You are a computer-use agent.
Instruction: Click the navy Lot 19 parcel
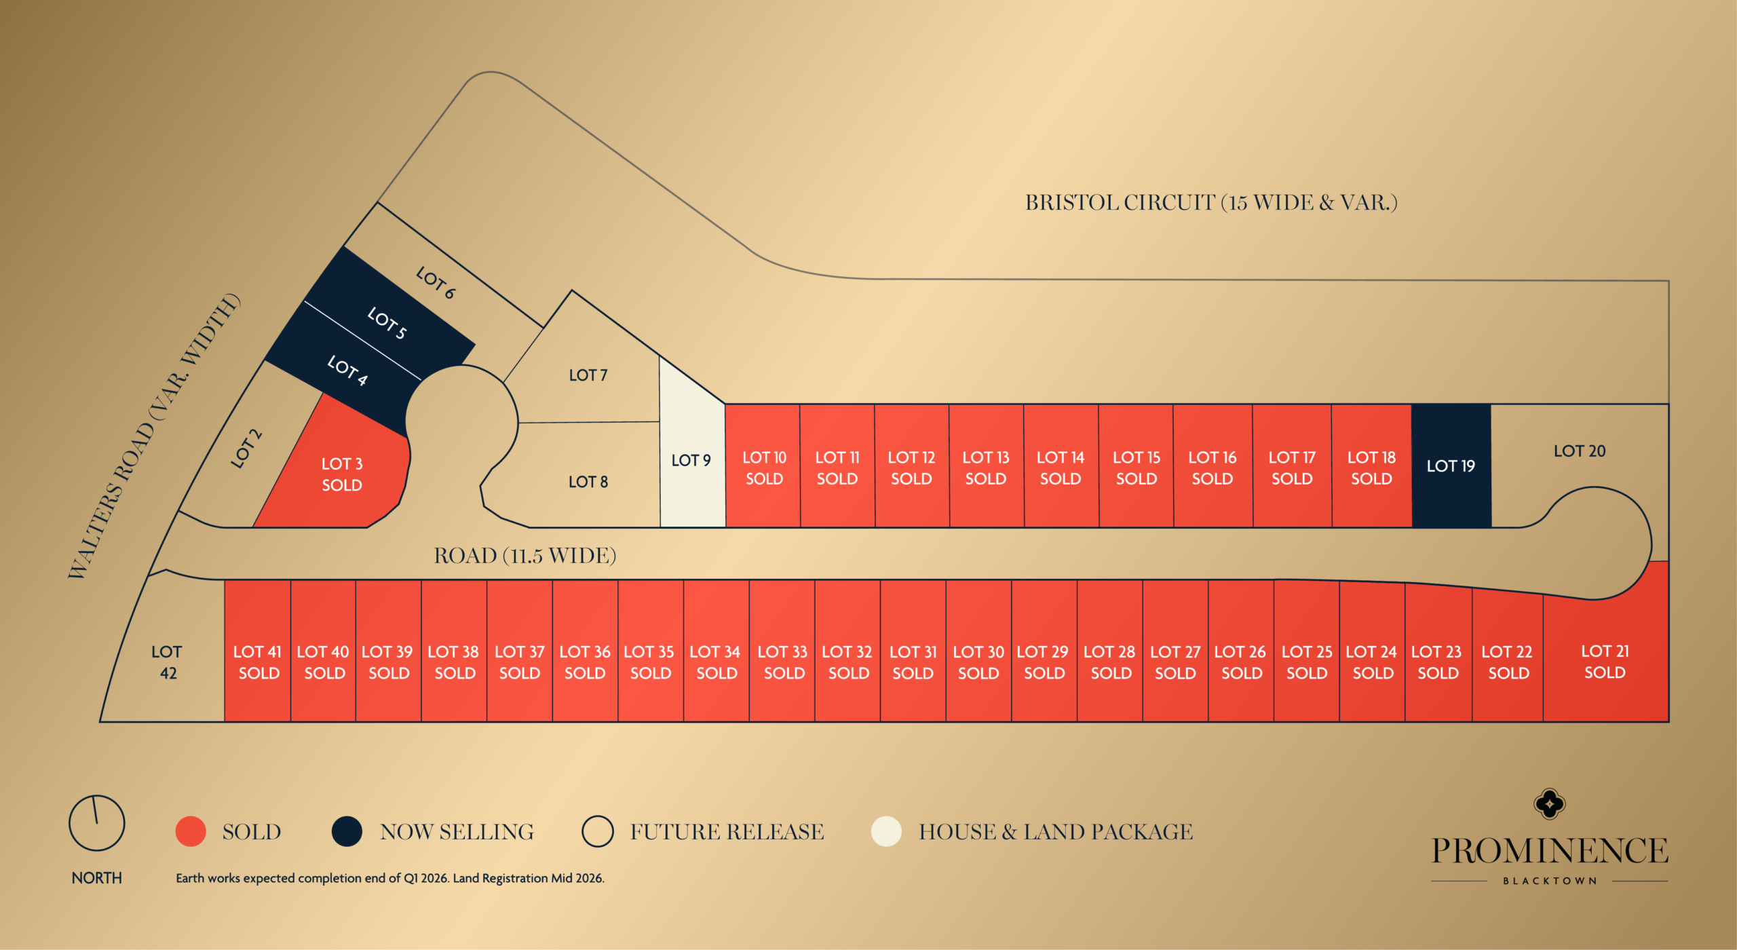[1451, 466]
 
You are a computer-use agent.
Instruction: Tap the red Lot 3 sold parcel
[341, 474]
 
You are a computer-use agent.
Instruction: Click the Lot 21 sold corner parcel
[1605, 662]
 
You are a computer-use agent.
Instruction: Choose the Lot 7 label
[588, 375]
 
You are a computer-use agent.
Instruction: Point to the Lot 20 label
[1580, 451]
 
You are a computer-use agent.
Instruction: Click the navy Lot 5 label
[387, 322]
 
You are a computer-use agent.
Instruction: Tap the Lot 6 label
[436, 282]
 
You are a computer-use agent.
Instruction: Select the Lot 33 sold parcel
[782, 662]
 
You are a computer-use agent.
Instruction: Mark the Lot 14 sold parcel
[1061, 468]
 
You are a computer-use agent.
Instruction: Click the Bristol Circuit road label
[1211, 202]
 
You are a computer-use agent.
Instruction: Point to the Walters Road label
[153, 436]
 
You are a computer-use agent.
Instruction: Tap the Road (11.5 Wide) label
[525, 556]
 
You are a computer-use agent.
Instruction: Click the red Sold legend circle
[191, 831]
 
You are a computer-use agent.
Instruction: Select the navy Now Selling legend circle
[347, 831]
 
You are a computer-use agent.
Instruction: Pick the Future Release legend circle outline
[598, 831]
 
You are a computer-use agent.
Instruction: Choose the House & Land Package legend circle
[886, 831]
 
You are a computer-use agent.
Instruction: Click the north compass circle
[97, 823]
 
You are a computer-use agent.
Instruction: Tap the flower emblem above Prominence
[1550, 804]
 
